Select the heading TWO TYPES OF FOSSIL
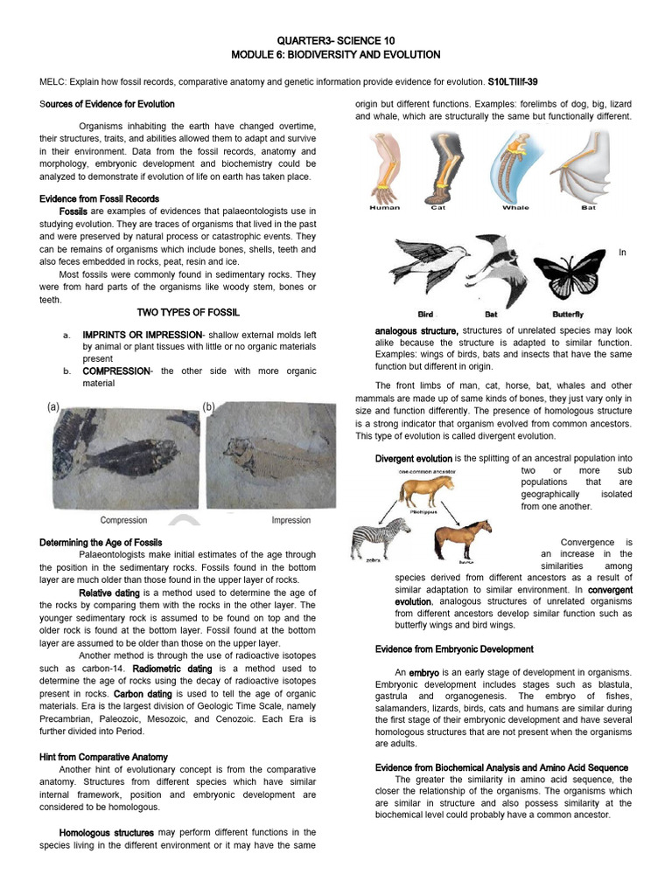[x=188, y=313]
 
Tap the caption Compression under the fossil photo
[x=123, y=520]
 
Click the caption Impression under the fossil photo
[x=291, y=520]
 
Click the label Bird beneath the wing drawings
[x=425, y=314]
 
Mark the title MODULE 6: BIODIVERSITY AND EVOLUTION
[x=336, y=54]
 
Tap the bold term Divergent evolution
[x=413, y=458]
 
